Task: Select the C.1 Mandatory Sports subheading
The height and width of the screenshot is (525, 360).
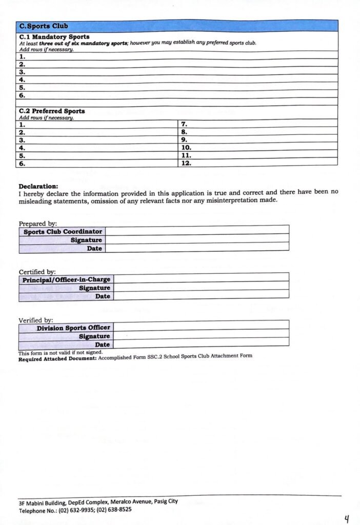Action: pos(54,37)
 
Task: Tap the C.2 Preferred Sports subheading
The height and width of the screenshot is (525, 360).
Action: pos(52,111)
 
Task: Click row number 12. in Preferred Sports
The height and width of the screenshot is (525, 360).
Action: pos(186,163)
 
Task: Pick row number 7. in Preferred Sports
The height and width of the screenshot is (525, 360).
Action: pos(185,124)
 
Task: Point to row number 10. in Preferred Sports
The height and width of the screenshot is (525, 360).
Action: pos(186,147)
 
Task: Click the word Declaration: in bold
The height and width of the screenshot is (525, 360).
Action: pos(38,186)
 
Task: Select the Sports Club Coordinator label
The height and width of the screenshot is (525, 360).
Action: pos(63,232)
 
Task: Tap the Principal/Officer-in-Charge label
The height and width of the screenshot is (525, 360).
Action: pos(66,280)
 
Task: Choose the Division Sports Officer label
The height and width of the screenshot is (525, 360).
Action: pos(73,328)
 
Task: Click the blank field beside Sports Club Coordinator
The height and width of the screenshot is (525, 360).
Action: pos(197,231)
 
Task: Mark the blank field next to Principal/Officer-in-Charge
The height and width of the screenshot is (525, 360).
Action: pos(201,279)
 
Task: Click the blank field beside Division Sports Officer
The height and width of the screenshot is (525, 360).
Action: pos(201,327)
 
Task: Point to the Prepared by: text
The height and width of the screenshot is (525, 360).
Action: pos(38,224)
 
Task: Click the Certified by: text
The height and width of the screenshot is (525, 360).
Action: pos(37,272)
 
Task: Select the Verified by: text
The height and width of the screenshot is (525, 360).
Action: pos(36,320)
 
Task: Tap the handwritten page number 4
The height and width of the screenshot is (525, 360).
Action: pos(347,520)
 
